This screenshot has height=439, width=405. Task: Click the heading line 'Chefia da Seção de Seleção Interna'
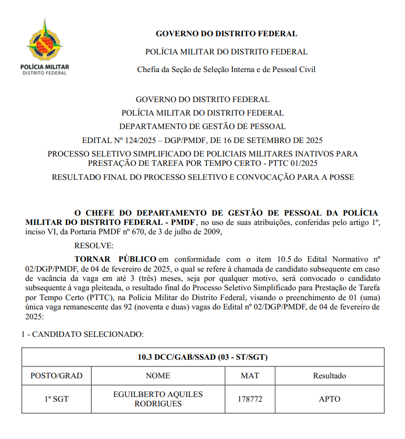[x=226, y=69]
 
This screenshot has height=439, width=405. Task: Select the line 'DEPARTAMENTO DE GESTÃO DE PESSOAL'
[x=202, y=126]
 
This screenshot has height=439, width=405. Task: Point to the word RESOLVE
[x=94, y=245]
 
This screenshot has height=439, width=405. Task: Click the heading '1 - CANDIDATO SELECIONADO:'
[x=82, y=335]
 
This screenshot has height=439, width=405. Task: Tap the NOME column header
[x=158, y=376]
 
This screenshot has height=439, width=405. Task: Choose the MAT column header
[x=249, y=376]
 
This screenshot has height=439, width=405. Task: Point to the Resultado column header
[x=329, y=376]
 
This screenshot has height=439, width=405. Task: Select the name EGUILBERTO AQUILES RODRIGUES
[x=158, y=399]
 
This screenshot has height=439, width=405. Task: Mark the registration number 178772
[x=249, y=399]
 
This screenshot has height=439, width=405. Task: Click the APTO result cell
[x=329, y=399]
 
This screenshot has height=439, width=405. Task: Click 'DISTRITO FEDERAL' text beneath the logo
[x=44, y=73]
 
